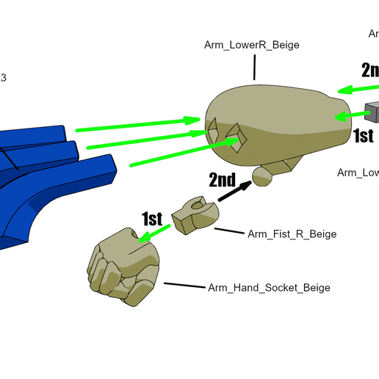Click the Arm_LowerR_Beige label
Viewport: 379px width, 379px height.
click(251, 45)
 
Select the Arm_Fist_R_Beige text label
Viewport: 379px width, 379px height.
click(292, 234)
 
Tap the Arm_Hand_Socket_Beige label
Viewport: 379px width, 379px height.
click(269, 287)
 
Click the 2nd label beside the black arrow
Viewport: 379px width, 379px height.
click(222, 180)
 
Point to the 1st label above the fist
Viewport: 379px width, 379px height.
click(151, 218)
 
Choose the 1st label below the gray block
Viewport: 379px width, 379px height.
click(364, 136)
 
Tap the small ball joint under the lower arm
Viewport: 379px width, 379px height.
click(261, 175)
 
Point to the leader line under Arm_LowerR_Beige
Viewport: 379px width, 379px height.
click(254, 68)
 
